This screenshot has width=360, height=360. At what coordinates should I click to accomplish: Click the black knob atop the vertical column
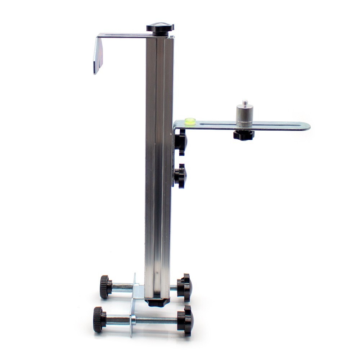[x=160, y=28]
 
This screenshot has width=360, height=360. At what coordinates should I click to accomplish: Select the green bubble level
[x=190, y=121]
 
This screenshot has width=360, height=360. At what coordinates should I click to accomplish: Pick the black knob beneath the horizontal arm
[x=244, y=135]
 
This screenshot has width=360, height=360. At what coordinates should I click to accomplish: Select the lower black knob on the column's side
[x=180, y=176]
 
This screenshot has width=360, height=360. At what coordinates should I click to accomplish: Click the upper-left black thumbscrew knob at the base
[x=105, y=287]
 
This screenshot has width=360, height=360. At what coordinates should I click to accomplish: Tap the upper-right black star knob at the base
[x=185, y=287]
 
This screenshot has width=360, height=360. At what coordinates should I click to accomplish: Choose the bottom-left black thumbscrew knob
[x=99, y=319]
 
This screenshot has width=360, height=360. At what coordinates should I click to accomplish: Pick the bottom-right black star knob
[x=186, y=320]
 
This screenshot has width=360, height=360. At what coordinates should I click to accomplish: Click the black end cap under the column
[x=157, y=302]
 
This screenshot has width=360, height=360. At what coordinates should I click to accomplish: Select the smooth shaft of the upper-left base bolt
[x=122, y=287]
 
